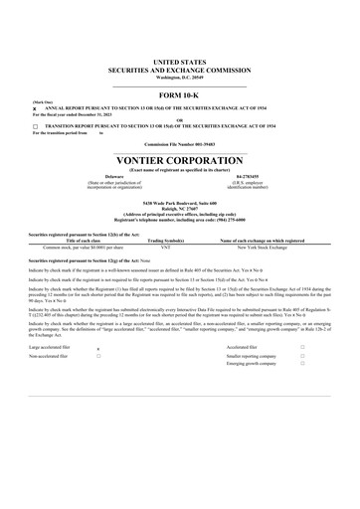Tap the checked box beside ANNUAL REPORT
[35, 109]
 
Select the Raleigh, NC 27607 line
[179, 208]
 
